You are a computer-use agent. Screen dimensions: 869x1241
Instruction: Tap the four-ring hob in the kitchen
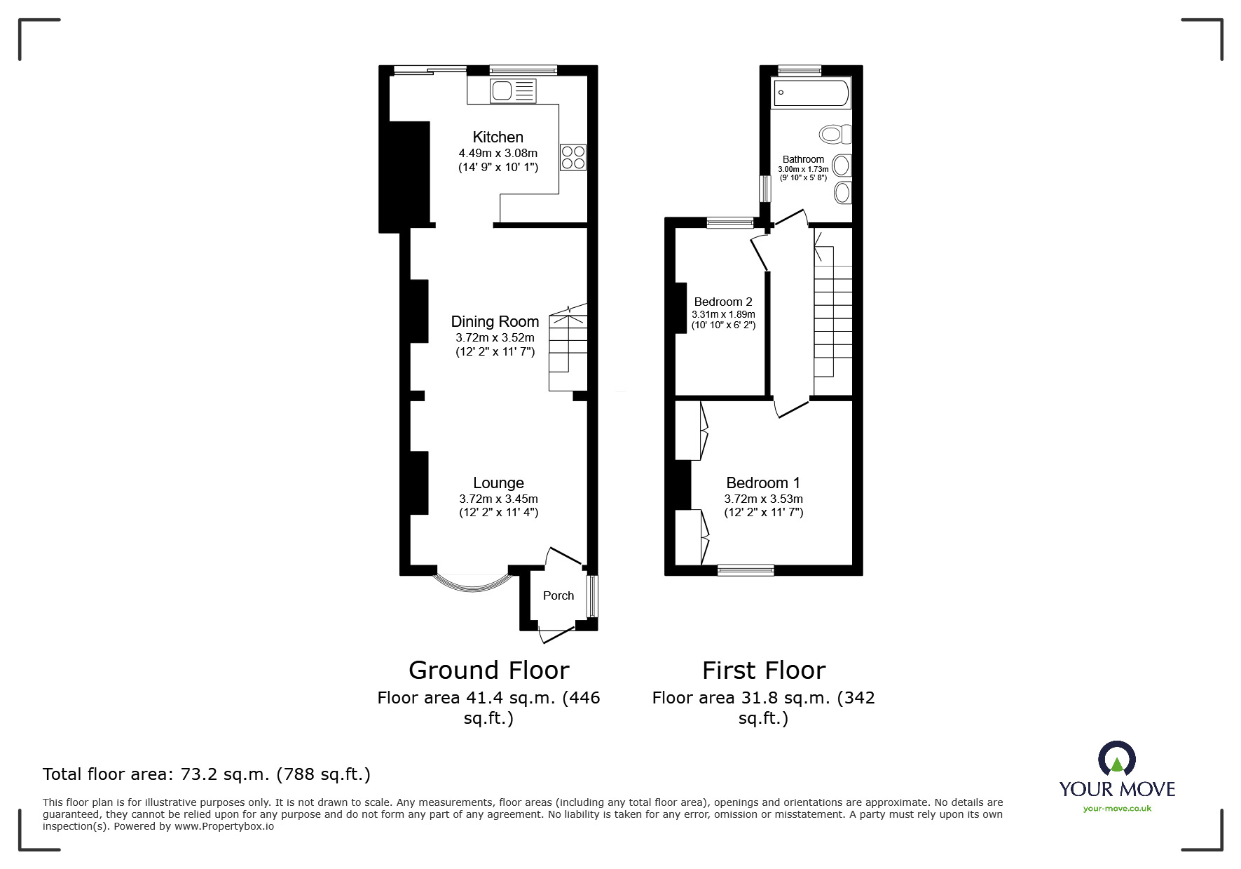[x=572, y=157]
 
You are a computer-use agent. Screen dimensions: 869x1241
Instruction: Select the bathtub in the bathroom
[x=810, y=93]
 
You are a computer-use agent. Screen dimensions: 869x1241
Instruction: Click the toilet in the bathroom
[x=835, y=134]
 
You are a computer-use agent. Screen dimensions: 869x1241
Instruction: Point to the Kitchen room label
[x=498, y=137]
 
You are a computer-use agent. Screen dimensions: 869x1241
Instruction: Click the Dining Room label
[x=495, y=321]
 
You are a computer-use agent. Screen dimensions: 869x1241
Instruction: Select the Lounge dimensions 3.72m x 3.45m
[x=498, y=499]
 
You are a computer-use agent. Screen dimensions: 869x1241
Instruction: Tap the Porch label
[x=558, y=595]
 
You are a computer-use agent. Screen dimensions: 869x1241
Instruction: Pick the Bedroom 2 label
[x=723, y=302]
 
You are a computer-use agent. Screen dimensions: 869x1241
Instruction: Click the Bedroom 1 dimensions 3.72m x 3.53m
[x=763, y=499]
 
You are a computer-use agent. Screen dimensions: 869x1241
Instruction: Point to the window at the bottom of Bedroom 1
[x=746, y=570]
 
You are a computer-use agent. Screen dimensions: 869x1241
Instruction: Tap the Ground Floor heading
[x=488, y=671]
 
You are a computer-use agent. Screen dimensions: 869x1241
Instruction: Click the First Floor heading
[x=764, y=671]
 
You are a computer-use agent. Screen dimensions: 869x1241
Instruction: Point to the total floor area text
[x=207, y=774]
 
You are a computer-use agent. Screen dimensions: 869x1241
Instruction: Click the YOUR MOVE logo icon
[x=1116, y=759]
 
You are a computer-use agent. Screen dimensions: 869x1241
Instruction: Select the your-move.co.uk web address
[x=1117, y=809]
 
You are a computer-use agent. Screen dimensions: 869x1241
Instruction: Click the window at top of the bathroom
[x=799, y=69]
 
